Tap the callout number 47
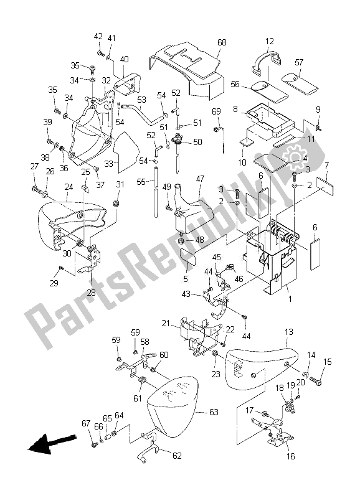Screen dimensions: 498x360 (x=201, y=179)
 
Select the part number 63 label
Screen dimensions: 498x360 (x=196, y=412)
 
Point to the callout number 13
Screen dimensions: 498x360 (x=288, y=332)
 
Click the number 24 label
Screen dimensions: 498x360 (x=69, y=186)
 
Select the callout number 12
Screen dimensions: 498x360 (x=269, y=42)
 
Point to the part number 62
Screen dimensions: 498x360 (x=176, y=456)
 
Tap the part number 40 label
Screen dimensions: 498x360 (x=124, y=59)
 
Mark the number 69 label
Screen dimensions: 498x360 (x=216, y=111)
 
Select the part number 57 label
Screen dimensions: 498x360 (x=299, y=62)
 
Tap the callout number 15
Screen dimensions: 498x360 (x=328, y=362)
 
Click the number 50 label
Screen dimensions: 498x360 (x=197, y=142)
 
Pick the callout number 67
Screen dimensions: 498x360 (x=87, y=424)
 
